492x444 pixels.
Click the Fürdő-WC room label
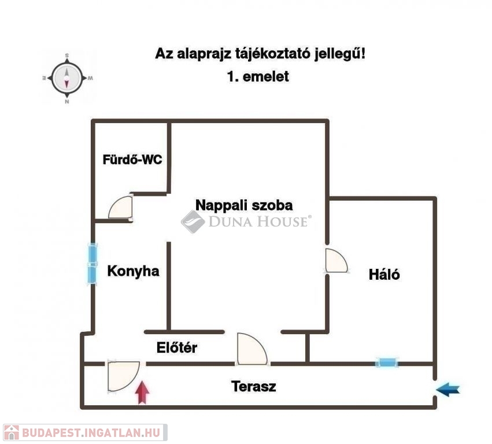click(132, 160)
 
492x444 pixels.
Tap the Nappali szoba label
click(244, 205)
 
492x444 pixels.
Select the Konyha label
click(133, 271)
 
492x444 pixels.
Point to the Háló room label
click(384, 274)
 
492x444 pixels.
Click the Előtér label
click(177, 347)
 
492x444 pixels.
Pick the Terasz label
click(254, 386)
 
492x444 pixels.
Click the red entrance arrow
click(142, 392)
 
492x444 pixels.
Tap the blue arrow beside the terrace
click(447, 390)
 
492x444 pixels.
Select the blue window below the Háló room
click(387, 362)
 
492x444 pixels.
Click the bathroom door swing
click(120, 207)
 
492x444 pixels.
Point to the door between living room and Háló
click(336, 260)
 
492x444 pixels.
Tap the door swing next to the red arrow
click(123, 376)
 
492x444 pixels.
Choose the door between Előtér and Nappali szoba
click(252, 349)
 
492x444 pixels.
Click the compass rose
click(67, 78)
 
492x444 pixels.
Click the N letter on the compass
click(67, 101)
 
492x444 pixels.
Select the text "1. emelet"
click(258, 76)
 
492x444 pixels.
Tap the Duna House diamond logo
click(193, 221)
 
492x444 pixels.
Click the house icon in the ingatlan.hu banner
click(12, 432)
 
